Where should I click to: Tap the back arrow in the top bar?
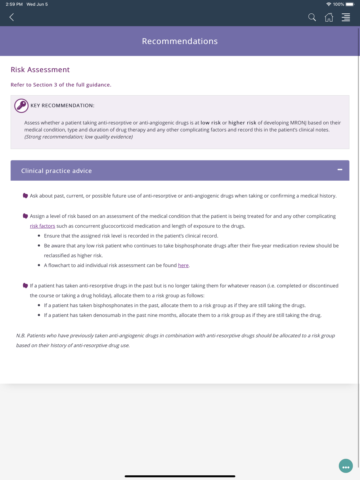pos(12,17)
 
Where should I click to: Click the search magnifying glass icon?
pos(312,17)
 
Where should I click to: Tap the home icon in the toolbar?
pos(329,17)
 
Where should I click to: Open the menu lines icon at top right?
pos(346,17)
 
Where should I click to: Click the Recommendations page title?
pos(180,41)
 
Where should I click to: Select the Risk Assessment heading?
pos(40,69)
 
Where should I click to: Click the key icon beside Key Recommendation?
pos(21,106)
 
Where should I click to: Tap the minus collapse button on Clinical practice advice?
pos(339,169)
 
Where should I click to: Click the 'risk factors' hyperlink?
pos(42,226)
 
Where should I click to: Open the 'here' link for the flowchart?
pos(183,265)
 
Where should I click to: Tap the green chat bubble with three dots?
pos(346,466)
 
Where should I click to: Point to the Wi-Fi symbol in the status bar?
pos(328,4)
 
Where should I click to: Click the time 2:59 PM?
pos(14,4)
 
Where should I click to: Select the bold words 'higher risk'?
pos(242,123)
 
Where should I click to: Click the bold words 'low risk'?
pos(211,123)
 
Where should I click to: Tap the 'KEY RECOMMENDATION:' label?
pos(62,105)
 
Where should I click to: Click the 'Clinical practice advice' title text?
pos(57,171)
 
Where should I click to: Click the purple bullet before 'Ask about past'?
pos(25,196)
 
